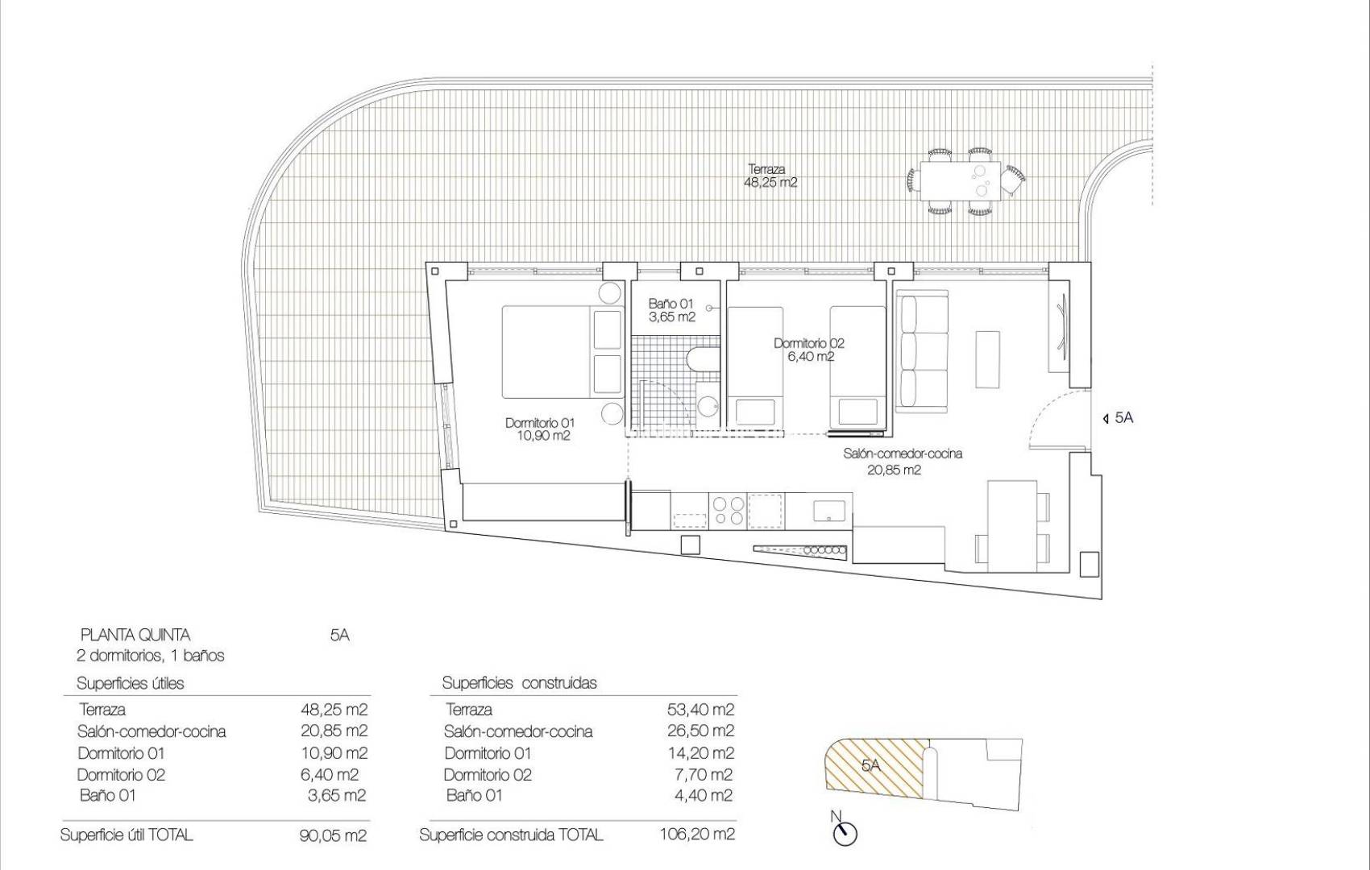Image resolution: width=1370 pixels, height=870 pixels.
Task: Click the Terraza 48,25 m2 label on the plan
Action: pos(770,176)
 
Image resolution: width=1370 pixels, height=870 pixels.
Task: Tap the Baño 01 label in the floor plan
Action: pos(671,310)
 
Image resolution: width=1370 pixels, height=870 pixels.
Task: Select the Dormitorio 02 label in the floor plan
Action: pos(809,350)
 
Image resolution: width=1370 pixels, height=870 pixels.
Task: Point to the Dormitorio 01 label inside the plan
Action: pos(540,429)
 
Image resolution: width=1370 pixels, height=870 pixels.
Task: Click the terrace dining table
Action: pos(960,180)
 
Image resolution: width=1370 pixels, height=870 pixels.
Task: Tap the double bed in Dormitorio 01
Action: pos(562,352)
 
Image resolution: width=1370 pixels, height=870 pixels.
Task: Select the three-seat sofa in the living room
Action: pos(922,351)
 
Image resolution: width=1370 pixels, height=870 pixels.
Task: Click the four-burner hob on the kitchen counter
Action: pos(729,511)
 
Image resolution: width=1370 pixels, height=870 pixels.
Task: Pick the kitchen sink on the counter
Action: pos(828,511)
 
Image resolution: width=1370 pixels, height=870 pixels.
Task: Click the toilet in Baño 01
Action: pos(704,359)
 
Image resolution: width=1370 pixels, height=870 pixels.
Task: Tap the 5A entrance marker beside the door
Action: pos(1119,418)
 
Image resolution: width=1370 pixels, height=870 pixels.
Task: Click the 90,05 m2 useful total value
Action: pos(334,835)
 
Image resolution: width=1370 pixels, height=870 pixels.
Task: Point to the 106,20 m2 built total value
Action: pos(697,835)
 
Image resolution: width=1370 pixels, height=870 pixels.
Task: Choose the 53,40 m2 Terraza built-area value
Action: pos(700,710)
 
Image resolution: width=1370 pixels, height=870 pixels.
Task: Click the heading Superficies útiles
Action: pos(131,684)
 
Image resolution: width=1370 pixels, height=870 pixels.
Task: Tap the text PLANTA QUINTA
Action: pos(135,636)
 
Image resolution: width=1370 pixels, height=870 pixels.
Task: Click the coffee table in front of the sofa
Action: pos(988,359)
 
